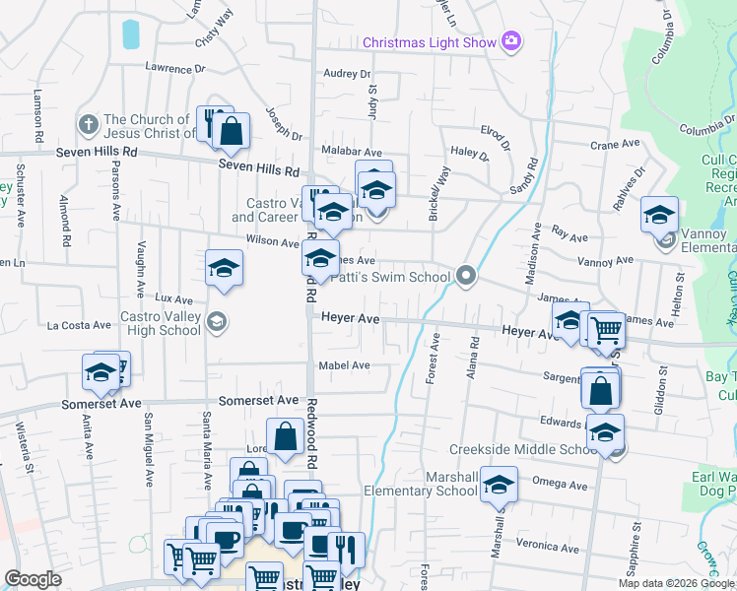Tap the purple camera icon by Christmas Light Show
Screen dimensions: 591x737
tap(511, 41)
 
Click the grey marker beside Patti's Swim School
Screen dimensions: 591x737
tap(467, 276)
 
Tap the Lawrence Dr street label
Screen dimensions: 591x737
tap(174, 69)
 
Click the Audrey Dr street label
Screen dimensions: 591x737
tap(346, 74)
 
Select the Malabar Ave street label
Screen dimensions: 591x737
tap(352, 153)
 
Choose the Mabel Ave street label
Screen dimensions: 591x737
tap(344, 365)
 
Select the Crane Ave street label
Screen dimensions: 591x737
tap(617, 145)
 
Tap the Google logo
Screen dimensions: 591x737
tap(33, 579)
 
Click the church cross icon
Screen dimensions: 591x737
tap(87, 125)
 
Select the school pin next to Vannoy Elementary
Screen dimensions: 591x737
tap(659, 214)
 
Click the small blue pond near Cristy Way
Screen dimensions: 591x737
tap(130, 34)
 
